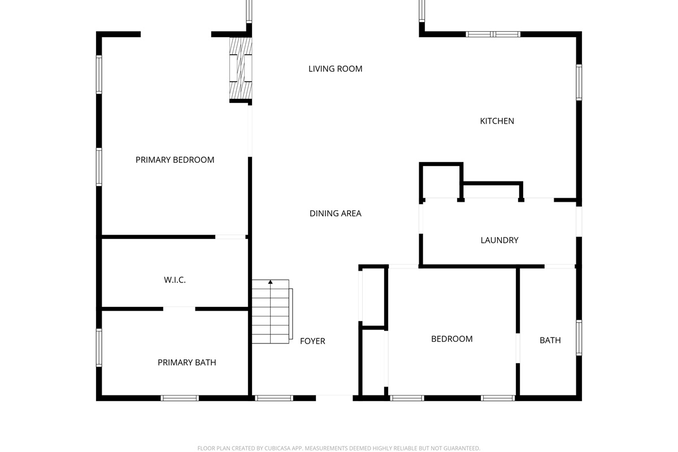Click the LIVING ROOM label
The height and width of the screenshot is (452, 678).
coord(335,69)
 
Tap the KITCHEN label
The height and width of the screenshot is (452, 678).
coord(497,121)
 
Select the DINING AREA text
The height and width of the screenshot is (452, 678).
coord(335,214)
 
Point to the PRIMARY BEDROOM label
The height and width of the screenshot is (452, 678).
coord(175,160)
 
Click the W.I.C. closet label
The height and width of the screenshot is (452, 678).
coord(175,280)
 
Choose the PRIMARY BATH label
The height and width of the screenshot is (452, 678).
coord(187,362)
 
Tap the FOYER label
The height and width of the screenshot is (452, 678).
coord(312,341)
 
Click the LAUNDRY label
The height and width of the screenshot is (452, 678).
coord(499,240)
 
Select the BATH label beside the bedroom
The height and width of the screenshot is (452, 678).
coord(550,340)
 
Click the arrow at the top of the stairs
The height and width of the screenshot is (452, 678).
coord(270,282)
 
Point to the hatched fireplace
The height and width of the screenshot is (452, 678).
coord(241,68)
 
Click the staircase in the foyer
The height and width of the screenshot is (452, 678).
coord(272,311)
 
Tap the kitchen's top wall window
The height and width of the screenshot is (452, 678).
coord(493,34)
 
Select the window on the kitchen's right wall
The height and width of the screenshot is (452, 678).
coord(579,82)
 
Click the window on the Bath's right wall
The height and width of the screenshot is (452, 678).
coord(579,337)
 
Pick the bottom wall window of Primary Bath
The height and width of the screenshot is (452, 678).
coord(180,398)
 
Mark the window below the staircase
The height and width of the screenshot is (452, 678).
coord(274,398)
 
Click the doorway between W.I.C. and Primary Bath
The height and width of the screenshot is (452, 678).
coord(179,309)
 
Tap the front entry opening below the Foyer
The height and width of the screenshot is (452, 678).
coord(334,397)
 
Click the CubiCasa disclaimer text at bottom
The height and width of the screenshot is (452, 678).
coord(338,449)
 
